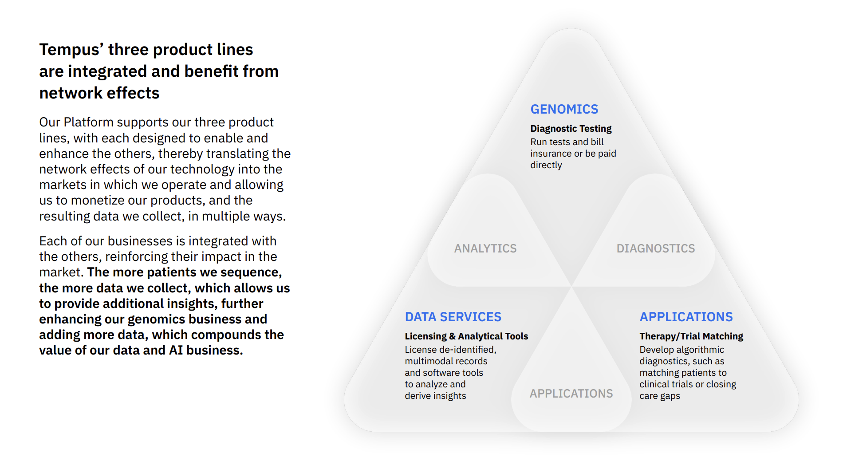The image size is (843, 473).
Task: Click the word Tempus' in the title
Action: tap(71, 50)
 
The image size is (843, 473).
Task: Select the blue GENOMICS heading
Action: tap(564, 109)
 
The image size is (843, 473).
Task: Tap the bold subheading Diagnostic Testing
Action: tap(571, 129)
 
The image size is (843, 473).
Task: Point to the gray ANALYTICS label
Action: tap(485, 248)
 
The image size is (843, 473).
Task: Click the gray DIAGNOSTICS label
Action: tap(656, 248)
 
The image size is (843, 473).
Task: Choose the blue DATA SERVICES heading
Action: tap(453, 317)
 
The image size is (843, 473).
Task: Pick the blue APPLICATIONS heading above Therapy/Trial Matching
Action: tap(686, 317)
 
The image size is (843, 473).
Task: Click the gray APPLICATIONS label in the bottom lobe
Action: tap(571, 394)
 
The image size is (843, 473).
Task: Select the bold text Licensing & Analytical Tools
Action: tap(466, 336)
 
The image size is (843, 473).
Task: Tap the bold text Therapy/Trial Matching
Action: tap(691, 336)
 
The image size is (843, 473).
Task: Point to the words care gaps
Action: tap(660, 396)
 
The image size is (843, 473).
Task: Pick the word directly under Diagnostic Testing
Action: tap(546, 165)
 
